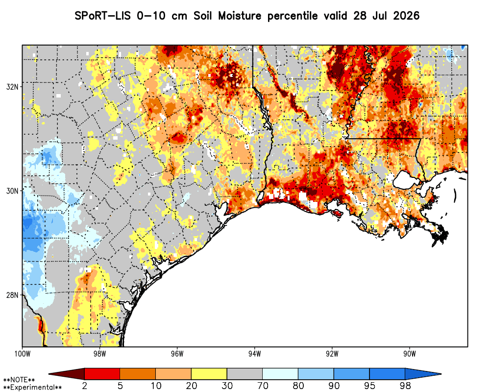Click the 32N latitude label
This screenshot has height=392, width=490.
(x=12, y=87)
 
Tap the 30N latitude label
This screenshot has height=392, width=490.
(x=12, y=191)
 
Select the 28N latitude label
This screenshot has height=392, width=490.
(x=12, y=295)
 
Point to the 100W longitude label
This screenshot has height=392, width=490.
(x=22, y=354)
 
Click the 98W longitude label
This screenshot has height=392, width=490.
(x=99, y=354)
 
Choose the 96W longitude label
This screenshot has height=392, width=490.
(x=177, y=354)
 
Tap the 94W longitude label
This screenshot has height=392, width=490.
(x=255, y=354)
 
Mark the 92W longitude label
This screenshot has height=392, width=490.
(x=332, y=354)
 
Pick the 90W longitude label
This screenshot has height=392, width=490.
(x=410, y=354)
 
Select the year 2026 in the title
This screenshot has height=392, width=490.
(x=406, y=16)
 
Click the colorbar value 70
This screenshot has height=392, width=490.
(x=263, y=386)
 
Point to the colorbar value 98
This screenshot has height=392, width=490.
(x=405, y=386)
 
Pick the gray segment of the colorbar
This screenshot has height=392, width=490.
(x=245, y=374)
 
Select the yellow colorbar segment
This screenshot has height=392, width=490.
(x=209, y=374)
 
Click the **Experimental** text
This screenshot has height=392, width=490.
(x=32, y=388)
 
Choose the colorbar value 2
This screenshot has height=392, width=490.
(x=85, y=386)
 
